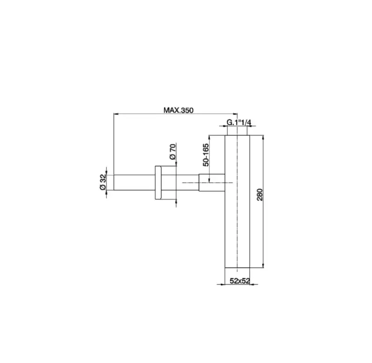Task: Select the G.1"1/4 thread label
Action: tap(239, 122)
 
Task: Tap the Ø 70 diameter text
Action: tap(173, 152)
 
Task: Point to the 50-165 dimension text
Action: tap(206, 155)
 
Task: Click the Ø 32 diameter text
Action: tap(103, 182)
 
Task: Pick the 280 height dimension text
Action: tap(260, 195)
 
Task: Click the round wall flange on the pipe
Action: tap(158, 183)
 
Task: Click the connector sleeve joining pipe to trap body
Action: tap(212, 182)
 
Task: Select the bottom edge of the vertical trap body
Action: tap(238, 268)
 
